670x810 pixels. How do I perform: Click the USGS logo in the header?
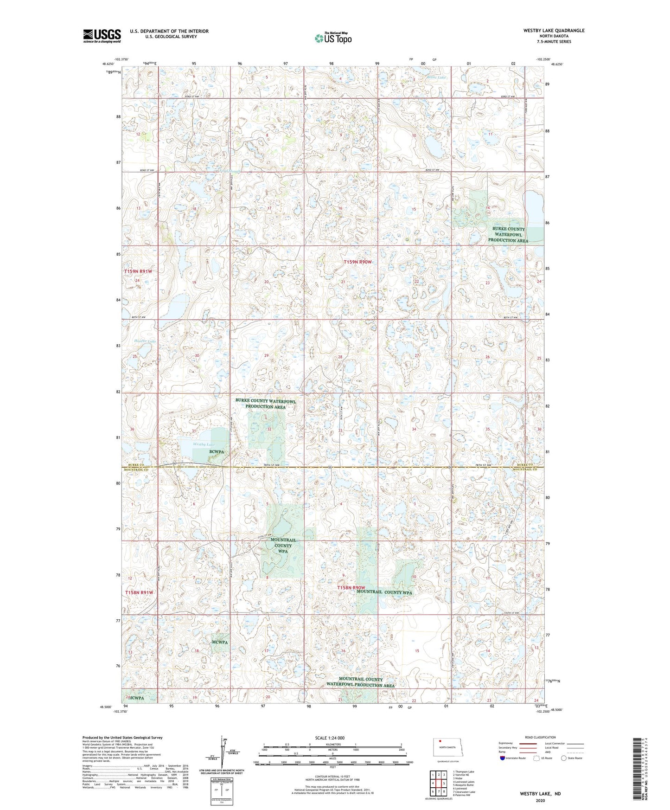102,36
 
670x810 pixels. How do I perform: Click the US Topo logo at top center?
333,38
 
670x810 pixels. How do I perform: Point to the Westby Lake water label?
204,444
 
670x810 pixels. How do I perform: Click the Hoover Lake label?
145,341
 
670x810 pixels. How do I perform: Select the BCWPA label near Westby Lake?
217,451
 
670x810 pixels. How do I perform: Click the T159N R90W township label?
357,262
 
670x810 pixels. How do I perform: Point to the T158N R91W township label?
138,592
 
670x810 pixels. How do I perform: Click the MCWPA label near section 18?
220,643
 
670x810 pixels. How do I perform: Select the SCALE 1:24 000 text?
330,738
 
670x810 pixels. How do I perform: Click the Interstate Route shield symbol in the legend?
503,758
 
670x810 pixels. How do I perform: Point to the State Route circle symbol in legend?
564,758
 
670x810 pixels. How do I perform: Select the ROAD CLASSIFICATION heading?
540,737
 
